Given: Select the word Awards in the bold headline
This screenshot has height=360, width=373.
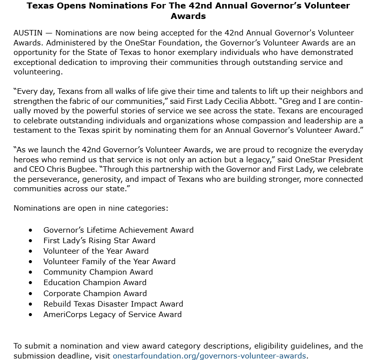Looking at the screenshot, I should coord(188,15).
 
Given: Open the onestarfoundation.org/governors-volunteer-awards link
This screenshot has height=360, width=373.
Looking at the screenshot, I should coord(209,356).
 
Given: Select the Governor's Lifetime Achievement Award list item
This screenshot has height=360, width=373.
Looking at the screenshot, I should coord(118,230).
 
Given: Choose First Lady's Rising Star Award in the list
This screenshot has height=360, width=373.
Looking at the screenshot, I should coord(99,241).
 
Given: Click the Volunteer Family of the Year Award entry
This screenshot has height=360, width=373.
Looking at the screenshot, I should coord(109,261).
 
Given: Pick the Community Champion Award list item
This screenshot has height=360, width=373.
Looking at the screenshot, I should coord(98,272).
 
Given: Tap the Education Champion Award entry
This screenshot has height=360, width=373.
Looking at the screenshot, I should coord(95,283).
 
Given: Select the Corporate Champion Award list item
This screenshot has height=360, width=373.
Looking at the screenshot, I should coord(95,293).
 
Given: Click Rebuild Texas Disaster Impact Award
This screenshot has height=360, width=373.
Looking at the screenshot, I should coord(113,304).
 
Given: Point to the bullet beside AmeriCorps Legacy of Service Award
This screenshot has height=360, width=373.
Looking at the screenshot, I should coord(31,315).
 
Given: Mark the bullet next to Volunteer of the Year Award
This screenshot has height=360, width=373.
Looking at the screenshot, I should coord(31,251).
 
